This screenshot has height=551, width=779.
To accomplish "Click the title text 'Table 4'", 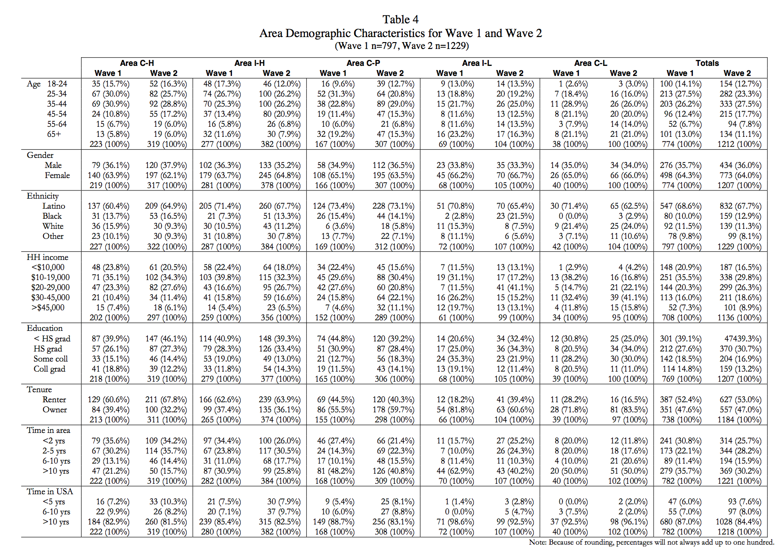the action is tap(400, 20).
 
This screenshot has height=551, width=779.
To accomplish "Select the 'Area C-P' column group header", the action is tap(363, 63).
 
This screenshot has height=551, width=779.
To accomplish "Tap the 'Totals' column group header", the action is tap(707, 63).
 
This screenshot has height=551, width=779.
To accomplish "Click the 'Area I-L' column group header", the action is tap(477, 63).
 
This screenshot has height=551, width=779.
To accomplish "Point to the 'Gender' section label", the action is tap(40, 156).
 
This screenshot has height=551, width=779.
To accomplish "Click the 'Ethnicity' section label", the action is tap(43, 196).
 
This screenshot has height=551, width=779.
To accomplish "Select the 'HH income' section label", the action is tap(47, 257).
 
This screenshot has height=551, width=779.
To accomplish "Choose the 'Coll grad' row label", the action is tap(49, 369).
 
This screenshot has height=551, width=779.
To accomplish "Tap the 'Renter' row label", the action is tap(54, 400).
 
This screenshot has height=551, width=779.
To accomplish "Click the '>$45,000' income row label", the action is tap(48, 308).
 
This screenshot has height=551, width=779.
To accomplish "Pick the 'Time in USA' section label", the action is tap(50, 492).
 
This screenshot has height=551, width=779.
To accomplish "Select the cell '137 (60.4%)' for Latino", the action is tap(108, 206).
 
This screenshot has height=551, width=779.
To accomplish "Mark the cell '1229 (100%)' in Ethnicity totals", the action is tap(739, 247).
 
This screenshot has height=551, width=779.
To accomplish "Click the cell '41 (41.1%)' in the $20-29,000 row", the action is tap(515, 287).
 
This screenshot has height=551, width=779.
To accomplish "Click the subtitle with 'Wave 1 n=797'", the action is tap(401, 46).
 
